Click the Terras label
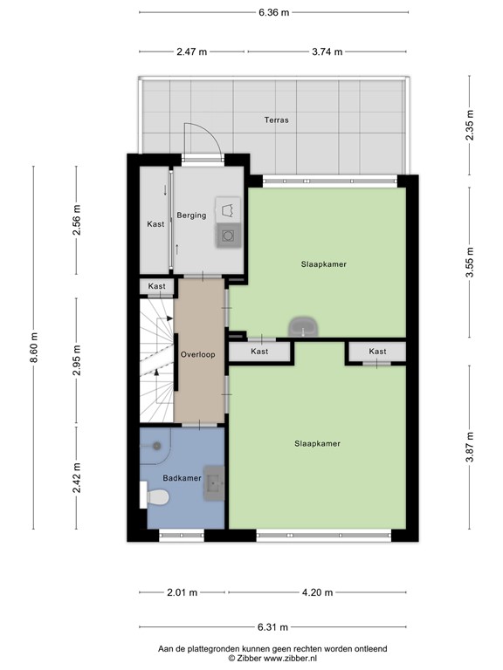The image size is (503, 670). click(279, 120)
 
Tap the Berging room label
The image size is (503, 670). click(191, 215)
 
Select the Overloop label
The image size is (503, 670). click(198, 355)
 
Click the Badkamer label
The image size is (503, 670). click(182, 478)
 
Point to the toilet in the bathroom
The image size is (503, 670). click(158, 497)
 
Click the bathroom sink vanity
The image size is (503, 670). click(215, 484)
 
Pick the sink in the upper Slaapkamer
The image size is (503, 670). click(303, 326)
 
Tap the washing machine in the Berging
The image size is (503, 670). click(228, 235)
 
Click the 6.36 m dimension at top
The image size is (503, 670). click(273, 13)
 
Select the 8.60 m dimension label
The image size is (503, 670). click(34, 346)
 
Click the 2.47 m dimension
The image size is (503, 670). click(191, 51)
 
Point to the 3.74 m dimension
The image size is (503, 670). click(327, 51)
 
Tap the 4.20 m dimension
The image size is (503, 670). click(317, 593)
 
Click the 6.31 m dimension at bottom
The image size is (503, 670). click(273, 627)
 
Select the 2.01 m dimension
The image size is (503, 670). click(182, 593)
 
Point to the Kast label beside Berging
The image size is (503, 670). click(155, 224)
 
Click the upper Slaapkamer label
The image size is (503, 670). click(318, 263)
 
